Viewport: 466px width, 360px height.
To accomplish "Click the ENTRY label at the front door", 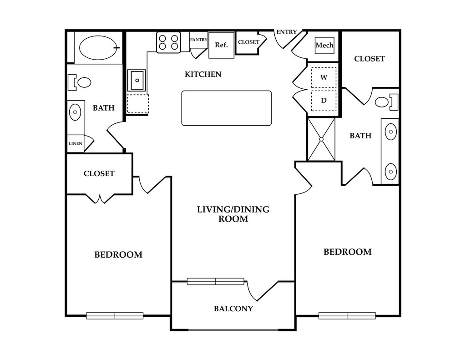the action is click(286, 32).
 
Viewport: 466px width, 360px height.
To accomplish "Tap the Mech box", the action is click(324, 45).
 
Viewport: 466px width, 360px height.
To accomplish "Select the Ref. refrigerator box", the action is click(222, 45).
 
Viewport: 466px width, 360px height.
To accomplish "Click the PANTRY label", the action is click(198, 40).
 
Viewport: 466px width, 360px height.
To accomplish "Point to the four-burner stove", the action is click(168, 42).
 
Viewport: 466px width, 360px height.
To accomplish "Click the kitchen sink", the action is click(136, 81).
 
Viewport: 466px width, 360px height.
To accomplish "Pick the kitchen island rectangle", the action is click(226, 108).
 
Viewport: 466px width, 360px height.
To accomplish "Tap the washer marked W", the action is click(324, 78).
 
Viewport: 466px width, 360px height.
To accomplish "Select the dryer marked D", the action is click(324, 101).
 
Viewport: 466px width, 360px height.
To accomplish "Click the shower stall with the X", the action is click(321, 139).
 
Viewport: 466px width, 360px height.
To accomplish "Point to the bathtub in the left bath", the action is click(98, 47).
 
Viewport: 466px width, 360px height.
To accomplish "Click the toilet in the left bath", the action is click(82, 82).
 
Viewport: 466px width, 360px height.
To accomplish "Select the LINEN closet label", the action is click(75, 143).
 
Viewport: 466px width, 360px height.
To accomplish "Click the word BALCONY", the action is click(233, 309).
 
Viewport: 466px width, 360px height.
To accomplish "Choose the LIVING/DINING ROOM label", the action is click(233, 214).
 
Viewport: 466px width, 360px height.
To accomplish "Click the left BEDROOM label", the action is click(118, 255).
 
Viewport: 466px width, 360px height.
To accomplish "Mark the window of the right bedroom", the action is click(347, 315).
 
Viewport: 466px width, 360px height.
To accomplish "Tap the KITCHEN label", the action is click(203, 74).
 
